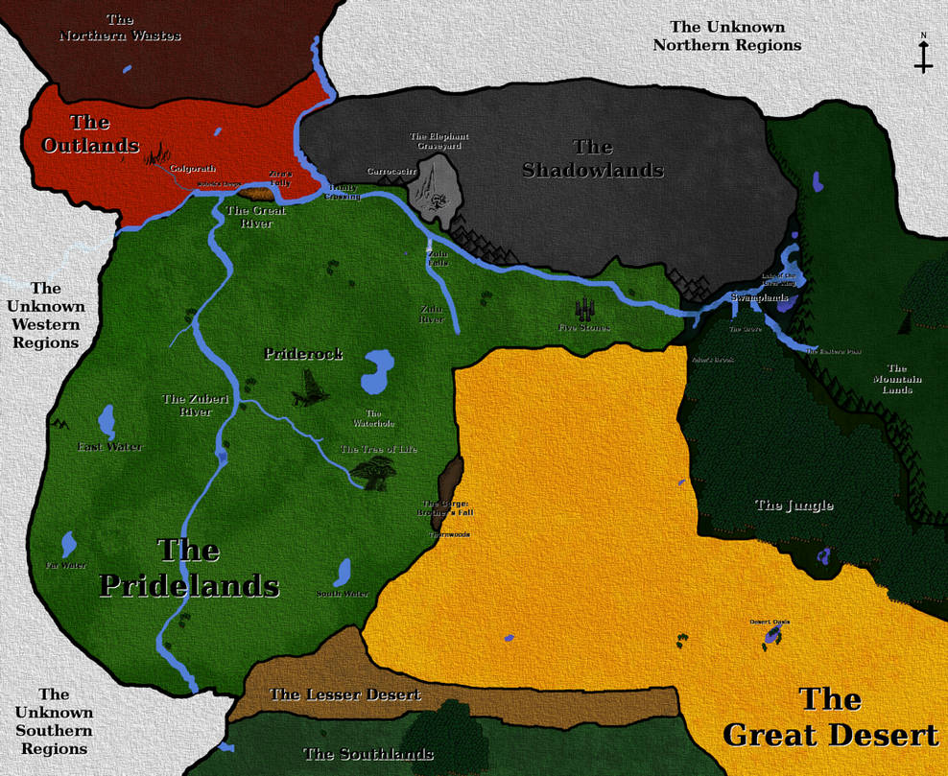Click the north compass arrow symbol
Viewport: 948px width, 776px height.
click(923, 55)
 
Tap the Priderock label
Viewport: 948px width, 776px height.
click(303, 354)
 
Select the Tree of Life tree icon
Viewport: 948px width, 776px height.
click(373, 472)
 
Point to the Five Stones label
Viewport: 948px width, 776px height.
click(584, 328)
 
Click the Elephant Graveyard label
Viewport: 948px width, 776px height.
click(437, 141)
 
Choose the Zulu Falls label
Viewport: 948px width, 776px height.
click(438, 257)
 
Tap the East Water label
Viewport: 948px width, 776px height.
click(110, 446)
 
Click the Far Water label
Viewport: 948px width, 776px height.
click(66, 566)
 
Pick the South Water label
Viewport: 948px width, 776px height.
click(343, 594)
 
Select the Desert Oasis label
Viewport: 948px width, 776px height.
click(770, 622)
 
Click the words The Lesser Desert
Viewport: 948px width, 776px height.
click(345, 694)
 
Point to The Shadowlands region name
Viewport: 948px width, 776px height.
click(593, 158)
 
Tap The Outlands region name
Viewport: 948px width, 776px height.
click(90, 134)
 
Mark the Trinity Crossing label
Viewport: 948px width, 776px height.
click(344, 192)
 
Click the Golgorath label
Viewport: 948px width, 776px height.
click(193, 169)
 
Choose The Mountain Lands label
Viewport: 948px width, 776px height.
click(897, 379)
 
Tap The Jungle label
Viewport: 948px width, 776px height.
click(794, 506)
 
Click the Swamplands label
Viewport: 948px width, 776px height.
click(759, 298)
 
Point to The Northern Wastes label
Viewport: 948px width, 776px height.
click(120, 28)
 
